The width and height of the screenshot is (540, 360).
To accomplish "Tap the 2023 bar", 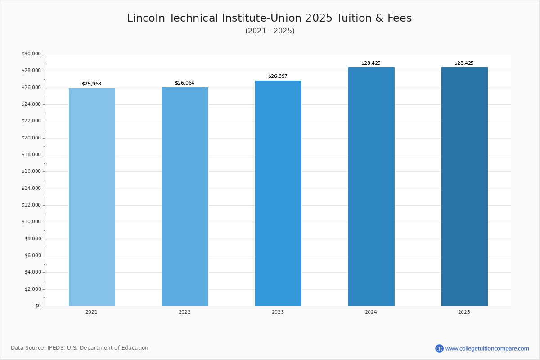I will click(278, 193).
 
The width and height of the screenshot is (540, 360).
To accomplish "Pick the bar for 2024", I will click(371, 187).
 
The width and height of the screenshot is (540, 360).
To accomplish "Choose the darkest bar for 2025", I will click(464, 187).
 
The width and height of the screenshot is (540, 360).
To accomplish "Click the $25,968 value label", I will click(91, 84).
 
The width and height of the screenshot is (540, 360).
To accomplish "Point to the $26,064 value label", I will click(184, 83).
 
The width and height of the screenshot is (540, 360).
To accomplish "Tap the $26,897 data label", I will click(278, 76).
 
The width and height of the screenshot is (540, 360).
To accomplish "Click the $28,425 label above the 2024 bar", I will click(371, 63).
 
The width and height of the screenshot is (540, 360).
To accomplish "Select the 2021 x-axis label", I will click(91, 312).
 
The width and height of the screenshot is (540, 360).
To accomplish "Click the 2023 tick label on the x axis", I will click(278, 312).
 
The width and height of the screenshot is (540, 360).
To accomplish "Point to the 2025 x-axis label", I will click(464, 312).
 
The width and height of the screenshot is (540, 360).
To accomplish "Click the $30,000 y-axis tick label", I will click(31, 54).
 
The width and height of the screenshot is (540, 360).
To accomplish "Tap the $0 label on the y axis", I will click(38, 306).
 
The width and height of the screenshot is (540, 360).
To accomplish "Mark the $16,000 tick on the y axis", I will click(31, 171).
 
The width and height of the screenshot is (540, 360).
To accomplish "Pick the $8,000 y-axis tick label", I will click(32, 239).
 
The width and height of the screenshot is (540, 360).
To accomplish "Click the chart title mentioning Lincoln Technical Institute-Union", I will click(269, 18).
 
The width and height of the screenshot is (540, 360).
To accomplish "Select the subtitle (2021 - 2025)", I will click(270, 31).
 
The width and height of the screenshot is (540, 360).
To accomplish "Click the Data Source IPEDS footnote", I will click(80, 348).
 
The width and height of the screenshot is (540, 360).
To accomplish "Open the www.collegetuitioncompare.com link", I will click(487, 348).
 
